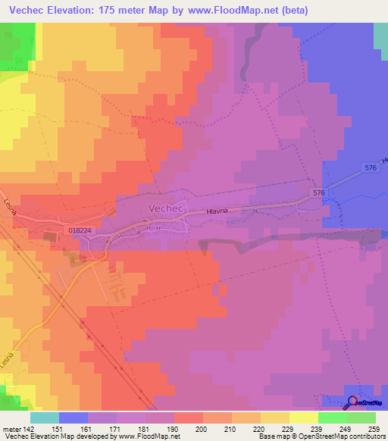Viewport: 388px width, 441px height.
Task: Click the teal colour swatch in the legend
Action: click(x=45, y=418)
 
